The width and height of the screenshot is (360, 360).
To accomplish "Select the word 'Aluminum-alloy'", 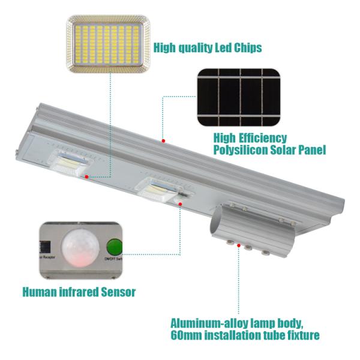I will pyautogui.click(x=206, y=322).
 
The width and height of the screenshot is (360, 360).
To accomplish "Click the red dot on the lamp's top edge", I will pyautogui.click(x=164, y=140).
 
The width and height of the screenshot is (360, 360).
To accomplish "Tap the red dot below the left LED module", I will pyautogui.click(x=86, y=176).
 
